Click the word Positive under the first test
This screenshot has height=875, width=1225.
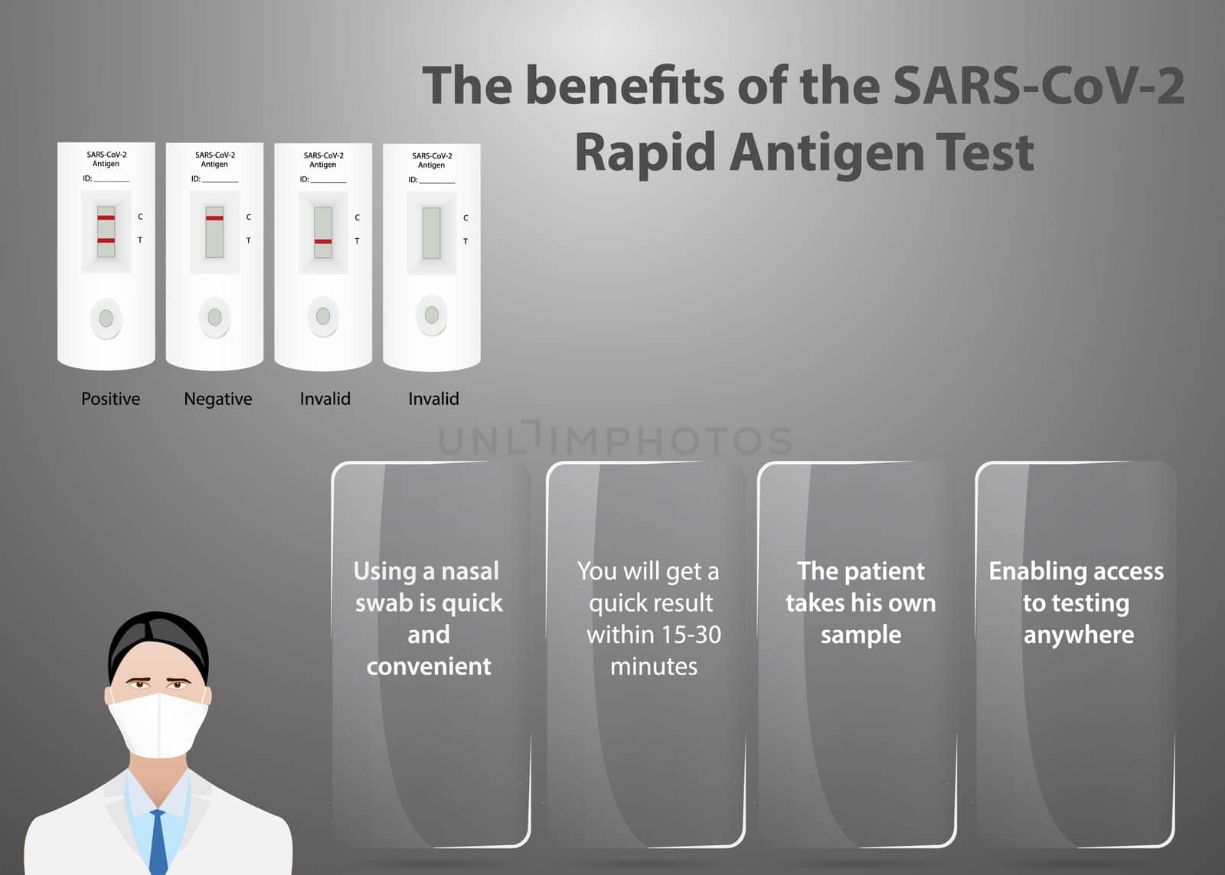click(x=110, y=399)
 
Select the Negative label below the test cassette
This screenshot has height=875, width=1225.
click(x=218, y=399)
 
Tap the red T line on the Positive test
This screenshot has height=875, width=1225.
click(x=106, y=240)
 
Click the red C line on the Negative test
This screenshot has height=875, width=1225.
click(x=214, y=218)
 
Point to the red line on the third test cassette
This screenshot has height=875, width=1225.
click(x=323, y=241)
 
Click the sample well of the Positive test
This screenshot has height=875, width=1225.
click(x=106, y=318)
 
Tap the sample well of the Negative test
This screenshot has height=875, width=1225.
click(x=214, y=317)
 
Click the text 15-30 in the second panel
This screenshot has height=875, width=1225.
click(x=691, y=635)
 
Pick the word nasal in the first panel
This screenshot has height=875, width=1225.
click(x=470, y=571)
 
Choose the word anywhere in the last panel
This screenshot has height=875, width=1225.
click(x=1079, y=635)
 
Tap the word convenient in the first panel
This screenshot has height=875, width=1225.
click(x=429, y=667)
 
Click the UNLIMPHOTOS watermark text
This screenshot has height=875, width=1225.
click(x=616, y=439)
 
